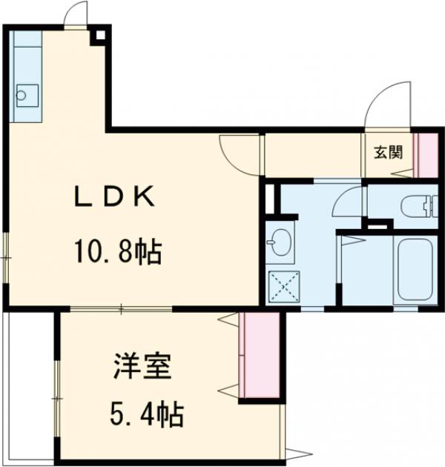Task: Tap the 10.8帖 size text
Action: tap(118, 254)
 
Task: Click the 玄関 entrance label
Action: tap(388, 153)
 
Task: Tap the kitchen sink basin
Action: tap(27, 93)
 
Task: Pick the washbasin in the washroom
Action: tap(280, 242)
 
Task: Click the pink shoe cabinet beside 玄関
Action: tap(426, 154)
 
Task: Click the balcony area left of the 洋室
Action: tap(29, 385)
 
